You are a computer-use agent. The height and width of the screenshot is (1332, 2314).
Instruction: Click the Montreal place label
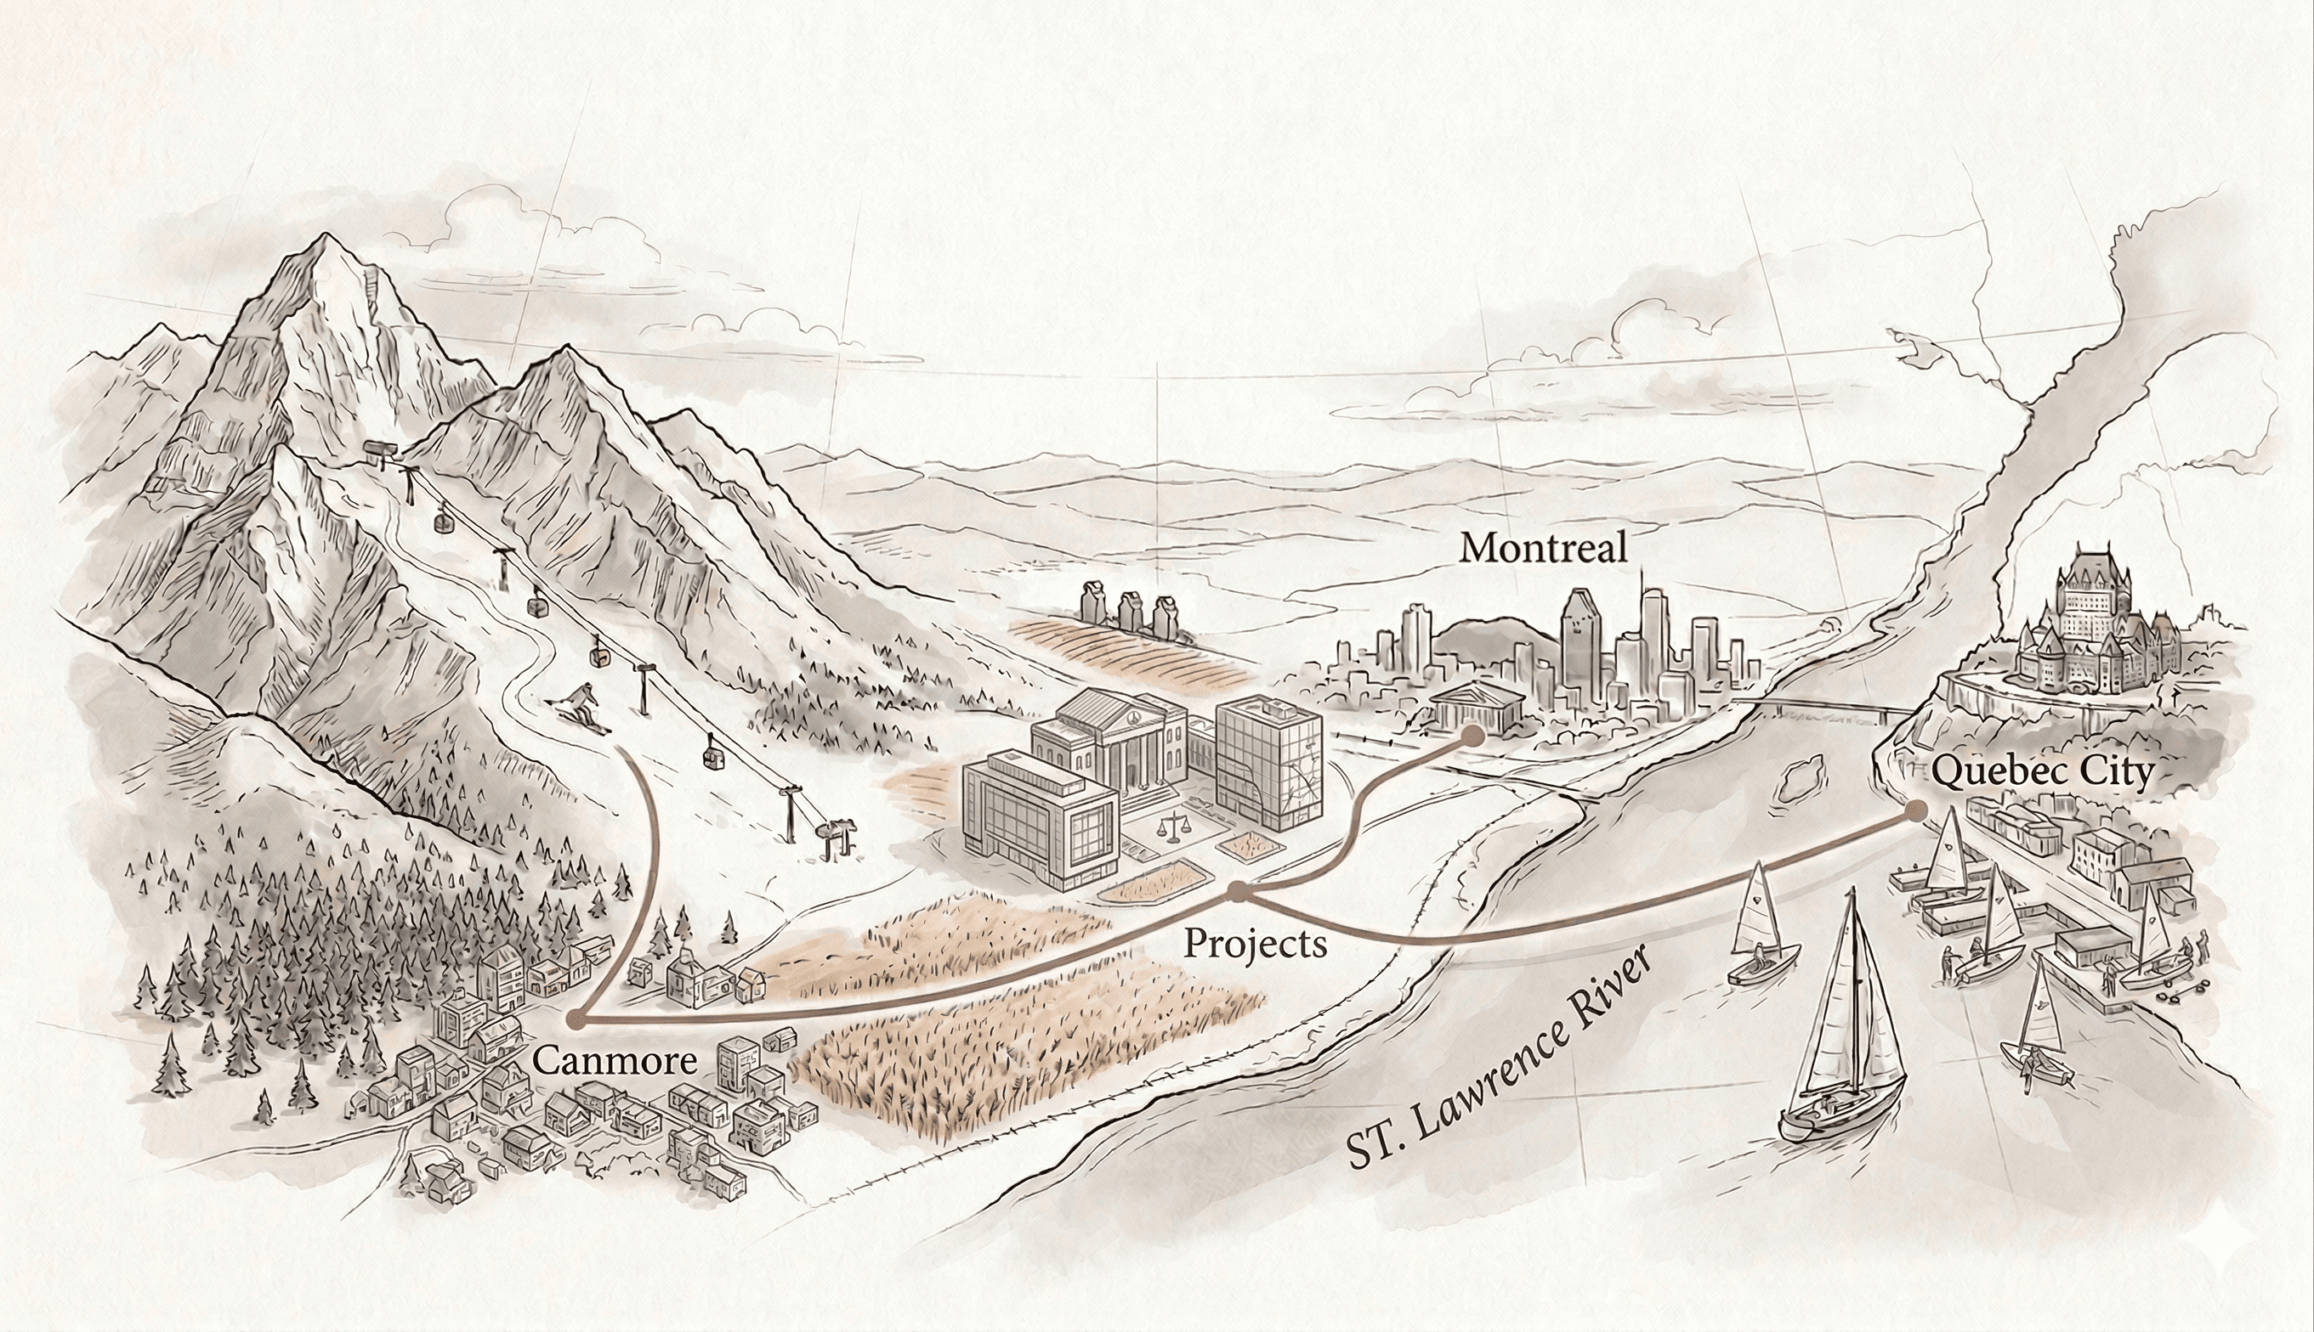tap(1543, 548)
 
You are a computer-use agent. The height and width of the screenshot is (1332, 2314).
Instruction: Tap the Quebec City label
tap(2042, 771)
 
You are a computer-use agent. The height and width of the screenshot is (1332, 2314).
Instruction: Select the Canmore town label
tap(614, 1061)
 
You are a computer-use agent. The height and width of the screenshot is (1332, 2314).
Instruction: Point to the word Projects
tap(1255, 943)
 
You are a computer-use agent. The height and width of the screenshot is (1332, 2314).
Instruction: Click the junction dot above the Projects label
tap(1238, 890)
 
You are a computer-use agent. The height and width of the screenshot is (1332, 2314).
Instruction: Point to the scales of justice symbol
tap(1170, 830)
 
